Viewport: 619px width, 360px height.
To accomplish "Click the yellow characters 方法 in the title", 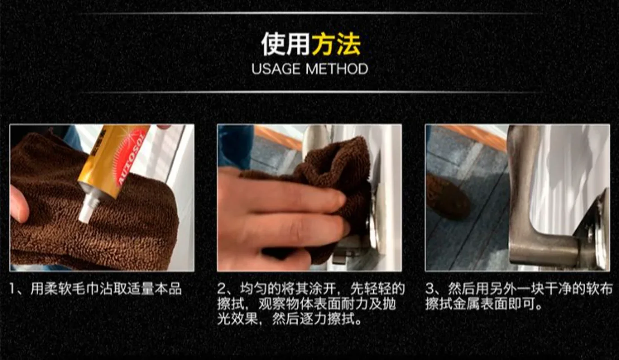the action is [336, 44].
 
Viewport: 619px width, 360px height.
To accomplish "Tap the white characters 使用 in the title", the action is [286, 44].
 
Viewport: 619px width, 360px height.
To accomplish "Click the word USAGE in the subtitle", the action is [276, 69].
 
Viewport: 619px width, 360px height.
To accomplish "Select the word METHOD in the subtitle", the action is [337, 69].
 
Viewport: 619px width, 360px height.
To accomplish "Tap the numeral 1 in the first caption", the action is [13, 289].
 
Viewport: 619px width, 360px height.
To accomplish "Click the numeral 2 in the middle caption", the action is [222, 289].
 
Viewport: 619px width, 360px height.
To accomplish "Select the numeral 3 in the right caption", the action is [430, 289].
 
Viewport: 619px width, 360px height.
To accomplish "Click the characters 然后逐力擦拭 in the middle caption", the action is [314, 320].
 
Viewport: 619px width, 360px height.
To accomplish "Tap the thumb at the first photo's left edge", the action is [19, 203].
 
